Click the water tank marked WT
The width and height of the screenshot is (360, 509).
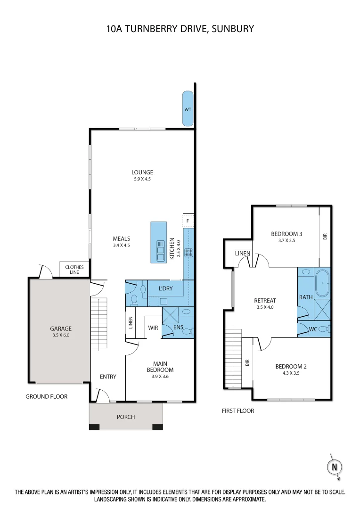pyautogui.click(x=188, y=109)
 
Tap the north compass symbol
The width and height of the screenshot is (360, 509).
pyautogui.click(x=335, y=467)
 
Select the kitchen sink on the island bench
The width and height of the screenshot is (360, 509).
pyautogui.click(x=161, y=250)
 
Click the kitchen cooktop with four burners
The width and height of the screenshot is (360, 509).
pyautogui.click(x=189, y=253)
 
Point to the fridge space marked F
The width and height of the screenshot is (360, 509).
pyautogui.click(x=188, y=220)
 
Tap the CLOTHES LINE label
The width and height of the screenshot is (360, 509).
pyautogui.click(x=74, y=270)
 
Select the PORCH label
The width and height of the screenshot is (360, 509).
pyautogui.click(x=126, y=417)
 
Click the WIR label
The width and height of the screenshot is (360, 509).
pyautogui.click(x=153, y=327)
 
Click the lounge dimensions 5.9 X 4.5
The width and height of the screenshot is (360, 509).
pyautogui.click(x=142, y=179)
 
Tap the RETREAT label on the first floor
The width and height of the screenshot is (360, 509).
pyautogui.click(x=265, y=300)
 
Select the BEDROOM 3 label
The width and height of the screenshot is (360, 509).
pyautogui.click(x=286, y=234)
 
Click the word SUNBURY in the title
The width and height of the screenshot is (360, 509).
pyautogui.click(x=233, y=29)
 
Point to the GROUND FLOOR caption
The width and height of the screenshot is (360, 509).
pyautogui.click(x=46, y=396)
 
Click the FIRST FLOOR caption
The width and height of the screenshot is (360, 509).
pyautogui.click(x=237, y=410)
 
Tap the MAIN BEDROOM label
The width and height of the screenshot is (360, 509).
pyautogui.click(x=160, y=366)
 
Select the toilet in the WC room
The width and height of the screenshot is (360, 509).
pyautogui.click(x=325, y=328)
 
